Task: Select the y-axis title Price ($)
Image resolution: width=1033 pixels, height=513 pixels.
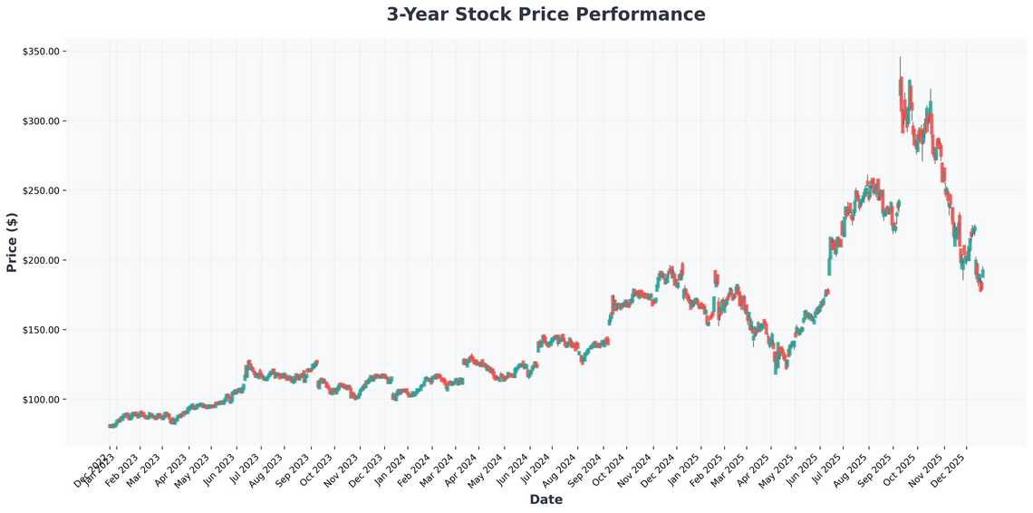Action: click(x=12, y=241)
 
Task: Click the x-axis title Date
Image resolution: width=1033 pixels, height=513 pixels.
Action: click(x=545, y=499)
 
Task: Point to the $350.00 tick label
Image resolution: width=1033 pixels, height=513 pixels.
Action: click(x=41, y=52)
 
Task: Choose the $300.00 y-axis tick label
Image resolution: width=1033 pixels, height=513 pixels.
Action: click(x=41, y=121)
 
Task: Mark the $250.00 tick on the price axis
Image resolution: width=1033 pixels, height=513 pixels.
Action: click(x=41, y=191)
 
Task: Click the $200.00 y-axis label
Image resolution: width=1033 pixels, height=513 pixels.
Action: click(x=41, y=260)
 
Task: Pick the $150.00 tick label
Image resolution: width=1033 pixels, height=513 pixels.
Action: click(x=41, y=330)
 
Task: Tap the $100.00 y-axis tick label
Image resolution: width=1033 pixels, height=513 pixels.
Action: click(x=41, y=400)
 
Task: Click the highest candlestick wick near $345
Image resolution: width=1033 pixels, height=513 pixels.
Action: click(x=900, y=60)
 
